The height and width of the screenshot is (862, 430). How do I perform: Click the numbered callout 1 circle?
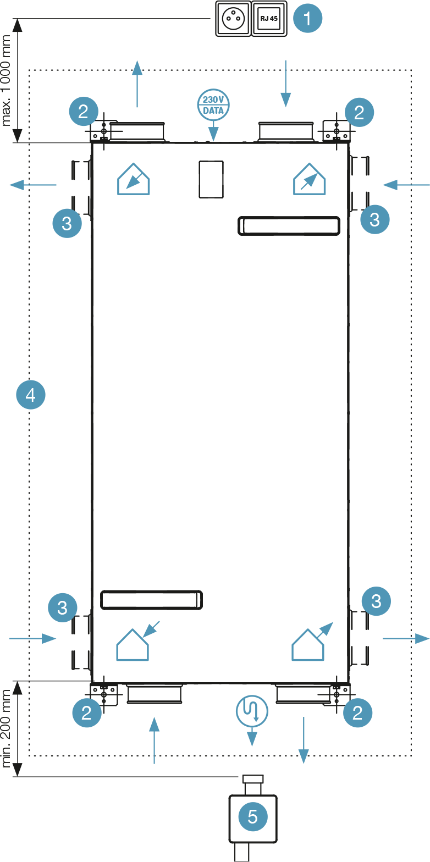click(x=307, y=18)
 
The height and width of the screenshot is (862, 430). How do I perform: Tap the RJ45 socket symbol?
click(x=269, y=19)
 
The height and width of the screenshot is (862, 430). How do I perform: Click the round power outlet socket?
click(x=233, y=19)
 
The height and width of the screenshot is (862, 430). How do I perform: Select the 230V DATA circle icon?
click(x=213, y=104)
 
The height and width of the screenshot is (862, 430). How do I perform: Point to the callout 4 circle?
click(x=31, y=395)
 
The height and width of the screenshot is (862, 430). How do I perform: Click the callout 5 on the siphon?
click(x=252, y=816)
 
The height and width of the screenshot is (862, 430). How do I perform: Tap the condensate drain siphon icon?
click(x=252, y=711)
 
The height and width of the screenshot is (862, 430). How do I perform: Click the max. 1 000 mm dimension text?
click(x=7, y=80)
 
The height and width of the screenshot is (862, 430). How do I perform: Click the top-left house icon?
click(x=134, y=179)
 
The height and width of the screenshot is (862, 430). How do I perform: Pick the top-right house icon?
click(x=310, y=179)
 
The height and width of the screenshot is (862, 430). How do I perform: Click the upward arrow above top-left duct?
click(x=137, y=84)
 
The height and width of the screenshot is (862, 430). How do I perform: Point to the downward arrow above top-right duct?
click(x=285, y=84)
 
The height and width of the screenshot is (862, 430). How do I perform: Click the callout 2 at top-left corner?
click(x=84, y=112)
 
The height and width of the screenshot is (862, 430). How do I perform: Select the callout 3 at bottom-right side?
click(x=376, y=601)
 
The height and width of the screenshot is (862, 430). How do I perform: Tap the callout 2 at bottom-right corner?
click(x=357, y=712)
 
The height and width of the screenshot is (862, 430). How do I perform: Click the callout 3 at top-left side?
click(x=67, y=223)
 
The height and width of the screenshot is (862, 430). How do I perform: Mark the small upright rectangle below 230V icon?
click(x=211, y=179)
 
